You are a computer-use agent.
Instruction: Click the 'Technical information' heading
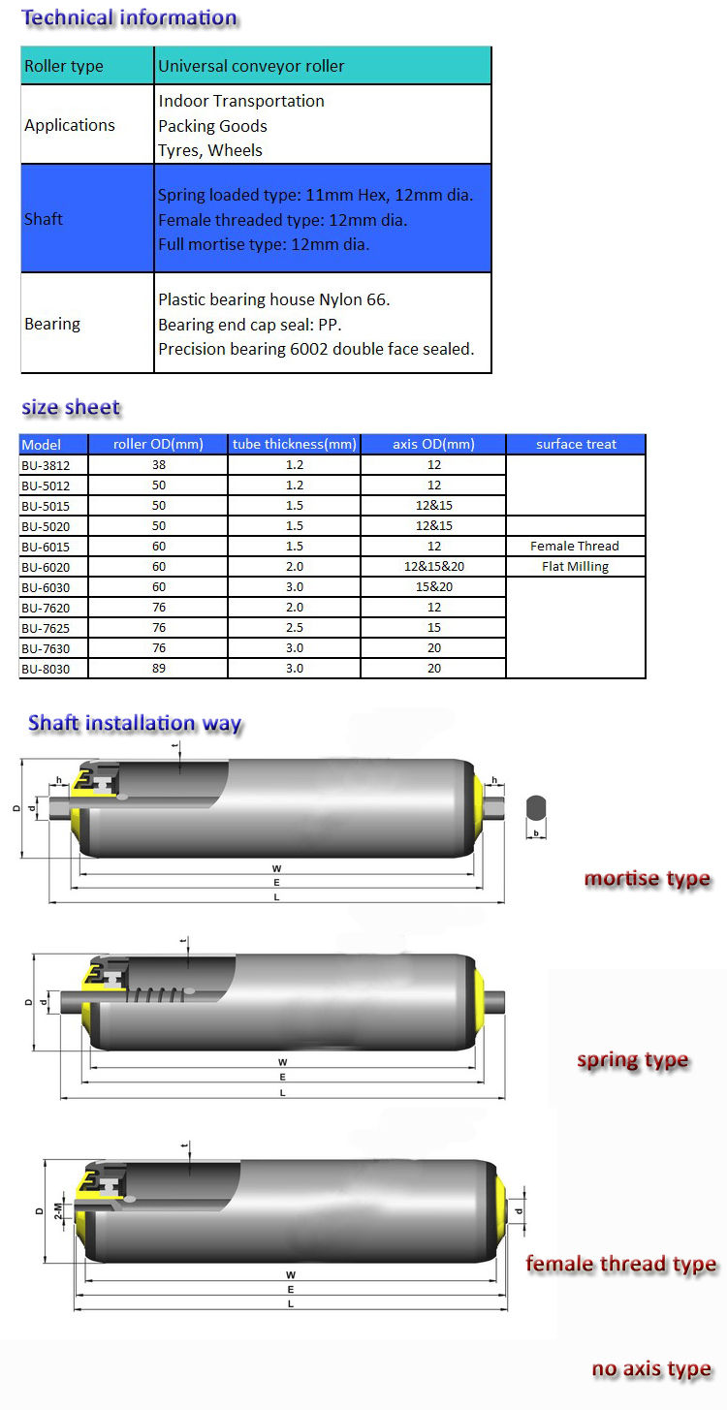[129, 17]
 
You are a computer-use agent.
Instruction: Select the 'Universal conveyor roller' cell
[251, 66]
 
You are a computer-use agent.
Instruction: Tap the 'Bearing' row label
[52, 324]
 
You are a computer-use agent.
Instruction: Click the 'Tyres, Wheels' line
[210, 150]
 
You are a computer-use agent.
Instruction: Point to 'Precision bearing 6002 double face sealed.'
[316, 349]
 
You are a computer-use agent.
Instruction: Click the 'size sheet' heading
[71, 408]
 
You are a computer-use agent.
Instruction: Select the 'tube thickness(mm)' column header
[295, 445]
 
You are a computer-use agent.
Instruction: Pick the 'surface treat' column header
[576, 445]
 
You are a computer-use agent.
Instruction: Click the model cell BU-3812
[45, 465]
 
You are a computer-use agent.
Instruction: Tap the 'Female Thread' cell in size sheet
[575, 547]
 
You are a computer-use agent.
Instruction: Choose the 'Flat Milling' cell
[575, 567]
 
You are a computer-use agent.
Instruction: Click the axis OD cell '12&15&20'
[433, 567]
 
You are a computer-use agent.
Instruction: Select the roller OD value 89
[159, 669]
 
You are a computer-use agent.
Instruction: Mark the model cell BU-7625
[45, 628]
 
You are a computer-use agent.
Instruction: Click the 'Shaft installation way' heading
[135, 723]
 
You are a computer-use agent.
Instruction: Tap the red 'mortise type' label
[647, 879]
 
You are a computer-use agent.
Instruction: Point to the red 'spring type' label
[632, 1060]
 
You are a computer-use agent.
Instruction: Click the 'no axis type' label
[651, 1369]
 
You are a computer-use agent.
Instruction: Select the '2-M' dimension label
[59, 1211]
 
